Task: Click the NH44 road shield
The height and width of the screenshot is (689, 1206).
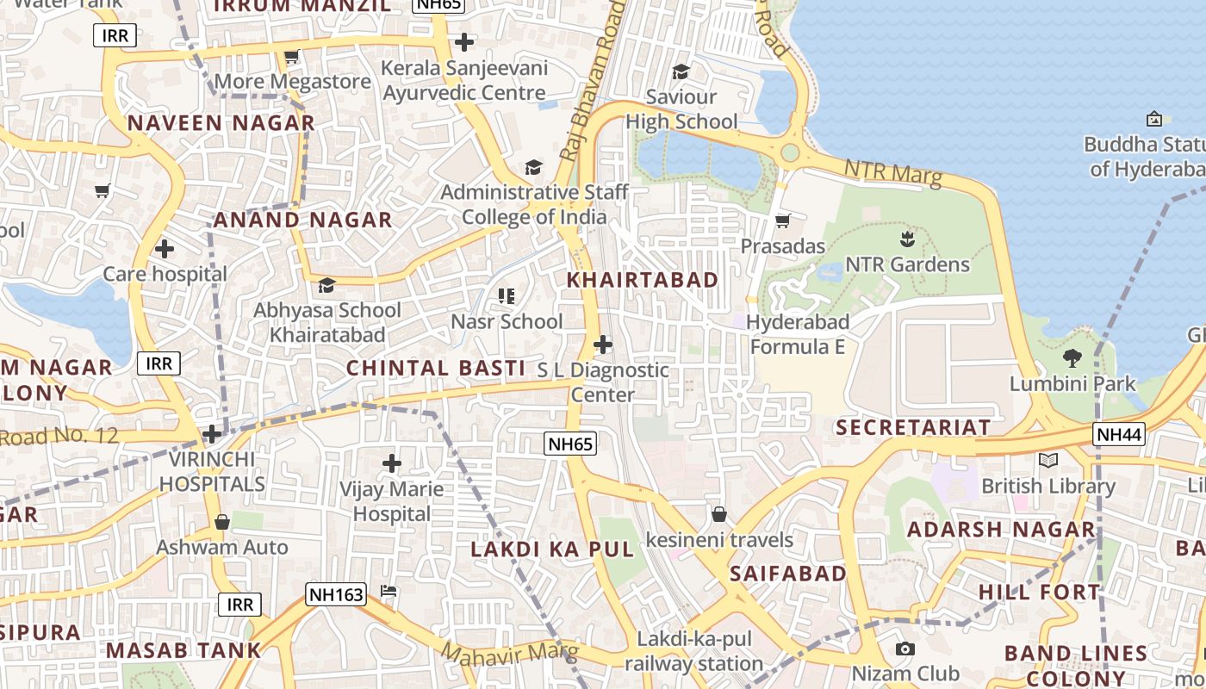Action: (1119, 435)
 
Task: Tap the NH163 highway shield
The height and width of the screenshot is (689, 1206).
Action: (336, 593)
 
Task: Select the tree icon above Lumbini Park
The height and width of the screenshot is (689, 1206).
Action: (1072, 357)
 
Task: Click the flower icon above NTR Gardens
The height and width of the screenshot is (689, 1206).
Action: (906, 238)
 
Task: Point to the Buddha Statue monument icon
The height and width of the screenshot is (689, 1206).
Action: (1154, 119)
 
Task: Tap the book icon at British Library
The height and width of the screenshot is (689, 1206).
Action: (1047, 461)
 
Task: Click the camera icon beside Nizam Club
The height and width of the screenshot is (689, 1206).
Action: (904, 649)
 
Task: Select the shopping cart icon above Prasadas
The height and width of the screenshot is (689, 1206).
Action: (783, 221)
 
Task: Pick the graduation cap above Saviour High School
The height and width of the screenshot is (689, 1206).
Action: (681, 71)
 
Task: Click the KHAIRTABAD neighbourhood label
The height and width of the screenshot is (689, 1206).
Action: (643, 280)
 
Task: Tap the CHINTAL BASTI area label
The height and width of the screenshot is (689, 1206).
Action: (435, 368)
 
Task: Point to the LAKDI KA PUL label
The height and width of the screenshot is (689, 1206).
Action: (551, 549)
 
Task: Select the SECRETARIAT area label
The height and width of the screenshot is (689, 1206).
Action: (913, 427)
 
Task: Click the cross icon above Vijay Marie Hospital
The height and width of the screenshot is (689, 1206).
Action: (392, 464)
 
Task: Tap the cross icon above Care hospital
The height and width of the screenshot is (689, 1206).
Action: (165, 250)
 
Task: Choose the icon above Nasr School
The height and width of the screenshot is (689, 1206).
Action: (507, 297)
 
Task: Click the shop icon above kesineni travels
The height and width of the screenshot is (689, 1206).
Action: (719, 515)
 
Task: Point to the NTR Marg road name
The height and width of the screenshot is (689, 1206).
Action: (892, 171)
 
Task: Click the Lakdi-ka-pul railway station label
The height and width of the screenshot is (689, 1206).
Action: (694, 651)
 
